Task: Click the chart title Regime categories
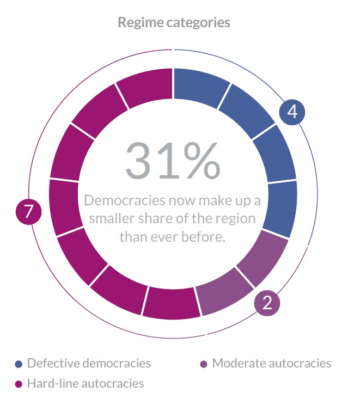tap(174, 22)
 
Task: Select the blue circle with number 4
tap(292, 112)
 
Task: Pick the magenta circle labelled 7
tap(29, 212)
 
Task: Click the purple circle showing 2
tap(267, 303)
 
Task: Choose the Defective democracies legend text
tap(89, 363)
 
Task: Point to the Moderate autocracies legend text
tap(271, 363)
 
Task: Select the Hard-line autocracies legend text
tap(86, 383)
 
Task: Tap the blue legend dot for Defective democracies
tap(19, 364)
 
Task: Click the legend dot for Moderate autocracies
tap(204, 364)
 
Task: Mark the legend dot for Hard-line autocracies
tap(19, 384)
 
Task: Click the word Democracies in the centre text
tap(124, 200)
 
